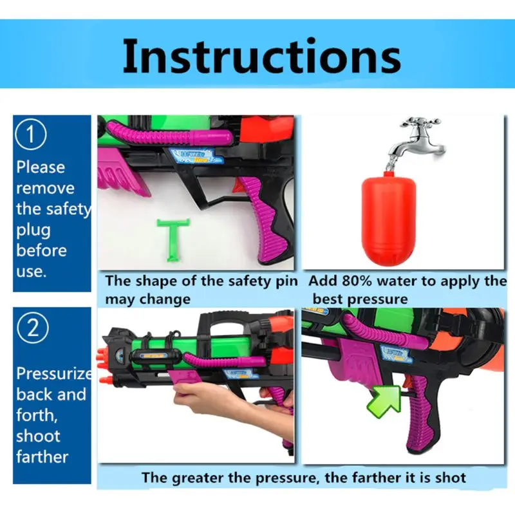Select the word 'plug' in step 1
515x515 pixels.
tap(33, 229)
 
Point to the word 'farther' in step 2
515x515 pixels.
tap(42, 456)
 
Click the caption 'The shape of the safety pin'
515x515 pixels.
tap(201, 281)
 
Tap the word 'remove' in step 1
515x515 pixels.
tap(45, 188)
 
